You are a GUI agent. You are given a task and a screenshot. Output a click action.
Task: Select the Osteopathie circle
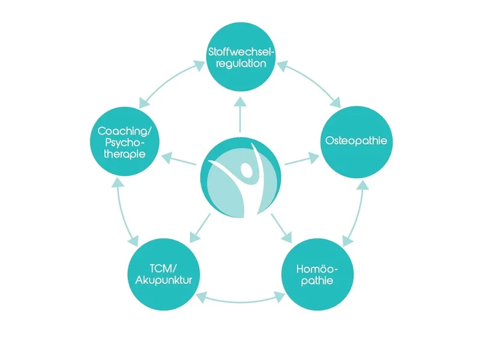click(354, 142)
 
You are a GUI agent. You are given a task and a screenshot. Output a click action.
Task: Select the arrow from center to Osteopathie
click(300, 160)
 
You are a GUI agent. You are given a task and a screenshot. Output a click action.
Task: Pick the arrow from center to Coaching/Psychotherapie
click(180, 160)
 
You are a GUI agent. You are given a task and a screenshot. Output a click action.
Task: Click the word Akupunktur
click(163, 279)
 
